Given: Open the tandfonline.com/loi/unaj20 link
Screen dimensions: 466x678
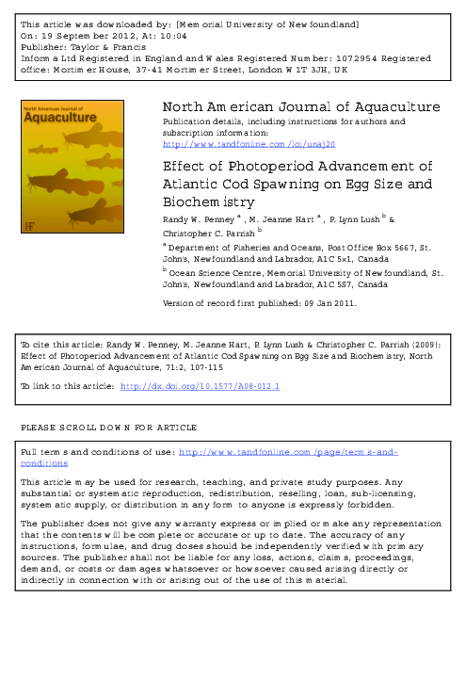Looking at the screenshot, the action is tap(249, 144).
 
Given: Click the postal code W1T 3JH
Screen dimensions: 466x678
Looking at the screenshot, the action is tap(313, 70).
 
